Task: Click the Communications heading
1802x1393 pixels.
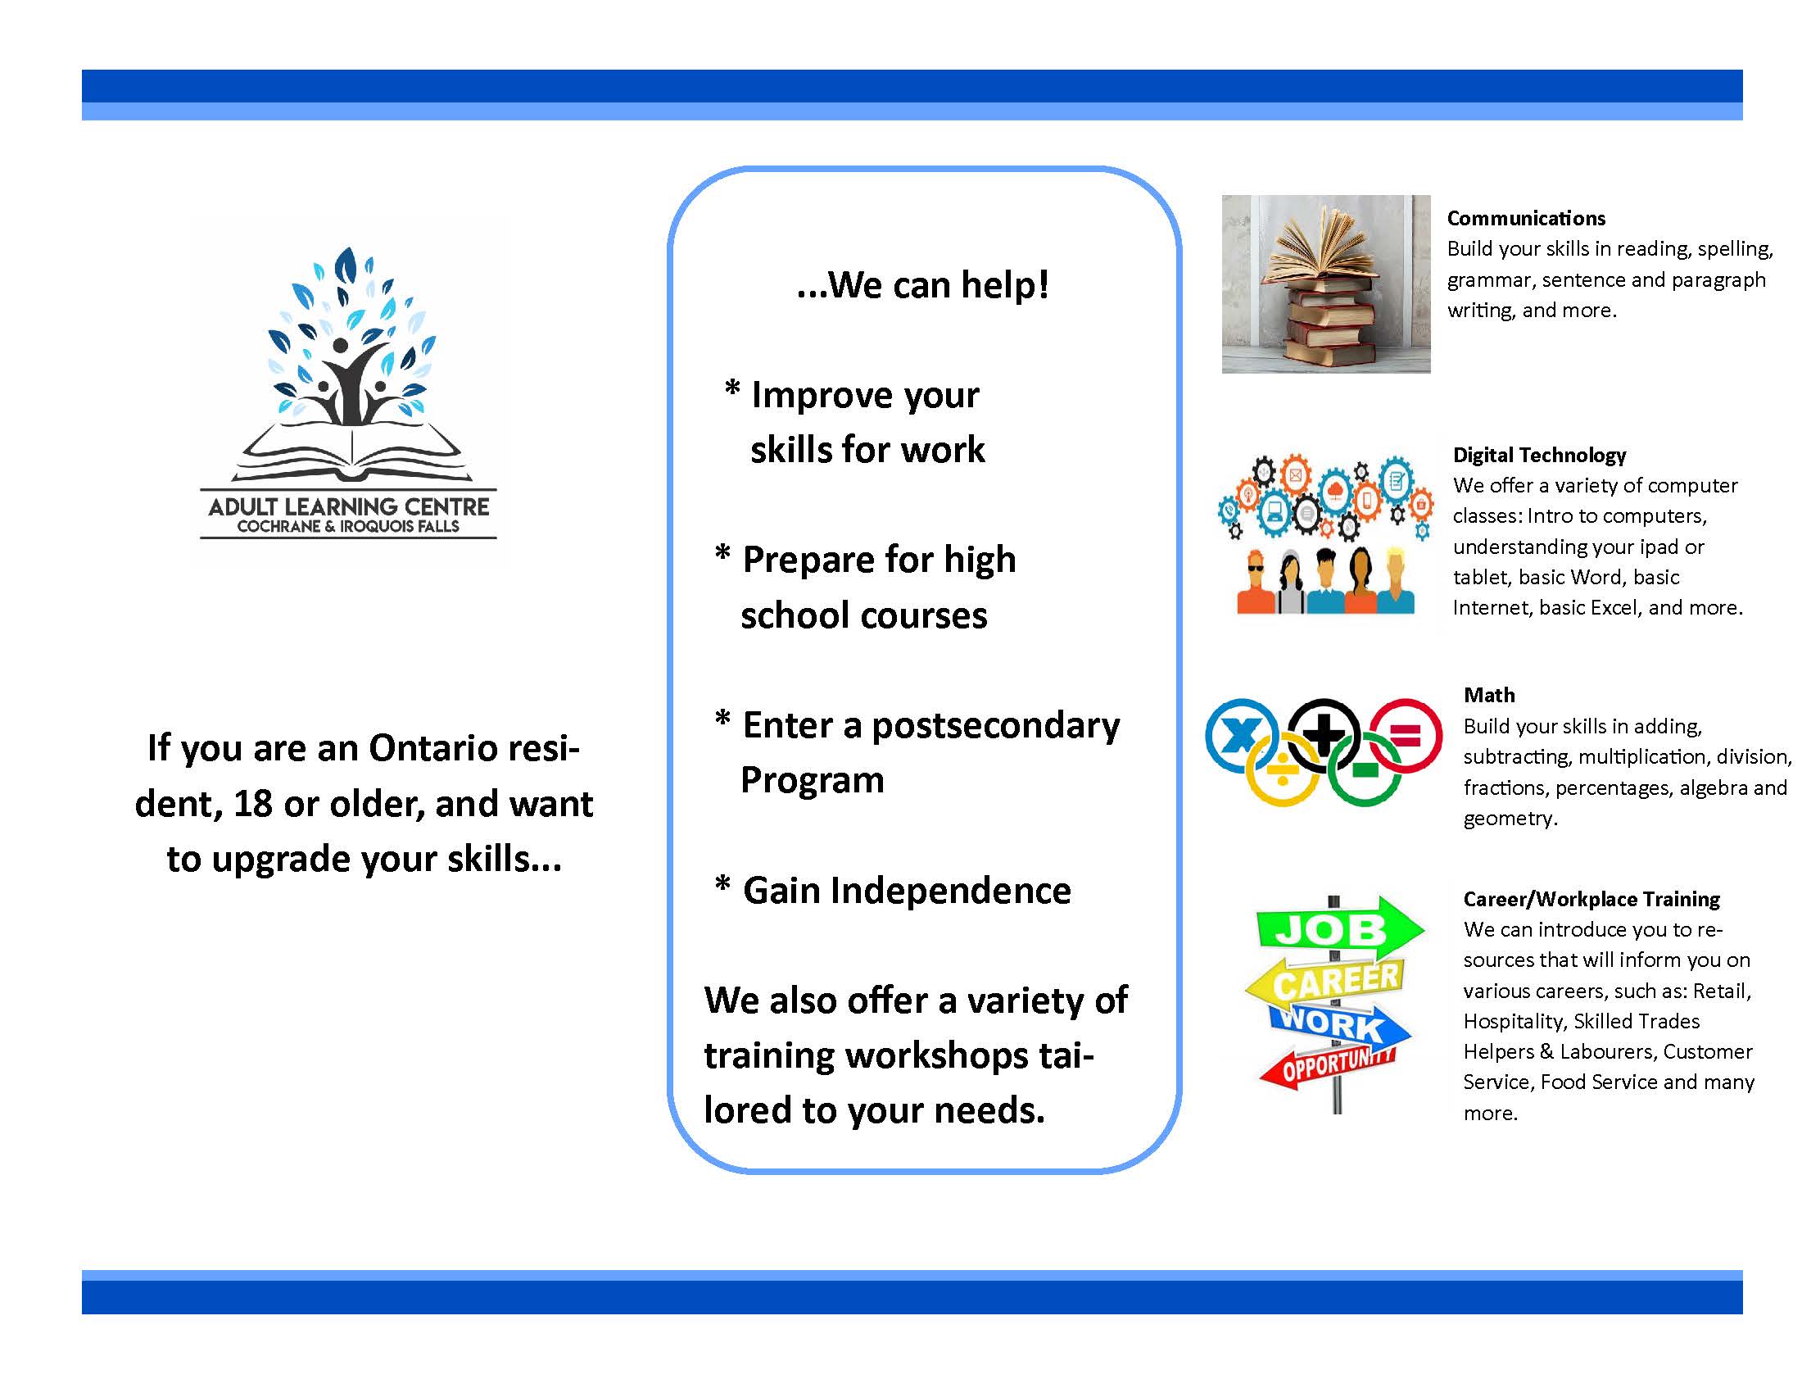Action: (1526, 219)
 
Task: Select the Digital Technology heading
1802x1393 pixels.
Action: (1539, 456)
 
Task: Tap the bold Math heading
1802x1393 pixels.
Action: (1489, 695)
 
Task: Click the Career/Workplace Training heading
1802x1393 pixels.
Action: (1591, 899)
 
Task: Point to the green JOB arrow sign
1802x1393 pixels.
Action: (1338, 928)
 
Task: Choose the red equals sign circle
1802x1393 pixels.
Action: (1406, 736)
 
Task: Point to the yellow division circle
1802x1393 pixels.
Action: (1281, 771)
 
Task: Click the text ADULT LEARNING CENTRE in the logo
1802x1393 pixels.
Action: (348, 506)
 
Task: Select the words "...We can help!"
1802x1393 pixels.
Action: (922, 284)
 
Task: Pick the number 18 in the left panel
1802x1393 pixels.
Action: (252, 804)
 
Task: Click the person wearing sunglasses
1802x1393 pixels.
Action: (1256, 583)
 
